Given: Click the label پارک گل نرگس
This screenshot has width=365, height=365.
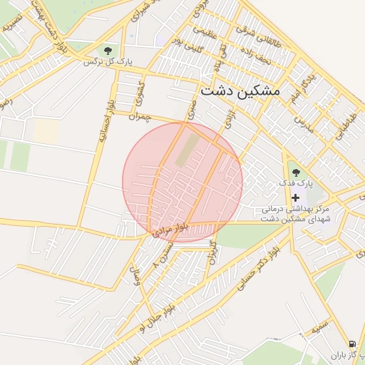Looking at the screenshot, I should (x=100, y=62).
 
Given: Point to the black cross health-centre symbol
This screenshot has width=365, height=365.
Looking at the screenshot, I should (x=296, y=197).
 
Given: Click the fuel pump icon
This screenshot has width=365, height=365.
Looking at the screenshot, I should (x=352, y=344).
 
